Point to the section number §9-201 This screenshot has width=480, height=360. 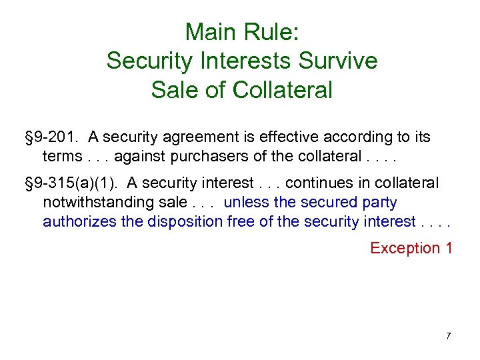click(50, 137)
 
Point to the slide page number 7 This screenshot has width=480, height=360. click(448, 335)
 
